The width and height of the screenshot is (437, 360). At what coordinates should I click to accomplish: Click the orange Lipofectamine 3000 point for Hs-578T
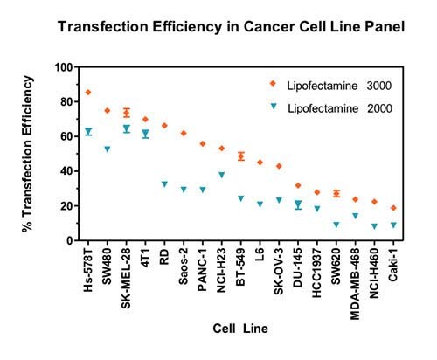pyautogui.click(x=88, y=92)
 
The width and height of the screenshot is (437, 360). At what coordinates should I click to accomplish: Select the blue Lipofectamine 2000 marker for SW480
pyautogui.click(x=108, y=149)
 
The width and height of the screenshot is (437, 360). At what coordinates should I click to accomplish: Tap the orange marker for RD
pyautogui.click(x=164, y=126)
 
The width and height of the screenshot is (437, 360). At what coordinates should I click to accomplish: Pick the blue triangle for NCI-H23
pyautogui.click(x=222, y=175)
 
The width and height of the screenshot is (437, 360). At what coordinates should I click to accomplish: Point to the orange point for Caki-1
pyautogui.click(x=393, y=208)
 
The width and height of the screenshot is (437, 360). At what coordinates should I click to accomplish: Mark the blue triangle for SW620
pyautogui.click(x=336, y=225)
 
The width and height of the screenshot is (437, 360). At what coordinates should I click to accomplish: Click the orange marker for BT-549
pyautogui.click(x=241, y=156)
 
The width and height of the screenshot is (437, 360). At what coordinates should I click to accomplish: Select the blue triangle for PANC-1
pyautogui.click(x=203, y=190)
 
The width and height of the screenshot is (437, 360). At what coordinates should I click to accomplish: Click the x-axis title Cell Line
pyautogui.click(x=237, y=329)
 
